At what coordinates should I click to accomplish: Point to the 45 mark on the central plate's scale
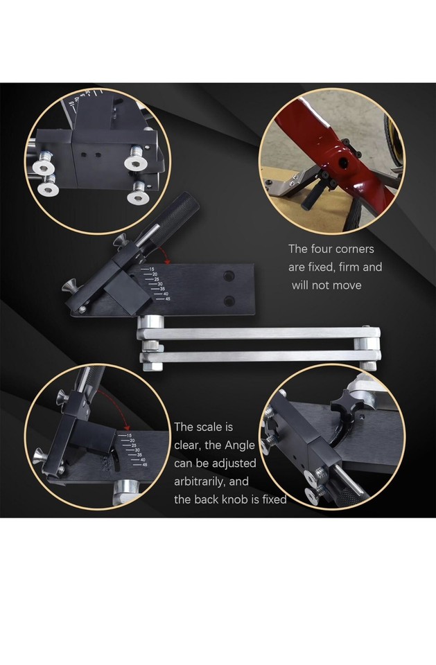pos(166,299)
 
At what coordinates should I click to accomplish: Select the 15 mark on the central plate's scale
pos(150,269)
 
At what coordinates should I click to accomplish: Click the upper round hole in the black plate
pos(229,276)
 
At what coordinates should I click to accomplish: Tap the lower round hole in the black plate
pos(229,301)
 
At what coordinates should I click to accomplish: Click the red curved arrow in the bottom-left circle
pos(114,409)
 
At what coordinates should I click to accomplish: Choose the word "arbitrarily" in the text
pos(207,481)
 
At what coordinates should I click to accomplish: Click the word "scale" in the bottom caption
pos(215,427)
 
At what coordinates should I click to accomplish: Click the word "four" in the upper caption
pos(324,249)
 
